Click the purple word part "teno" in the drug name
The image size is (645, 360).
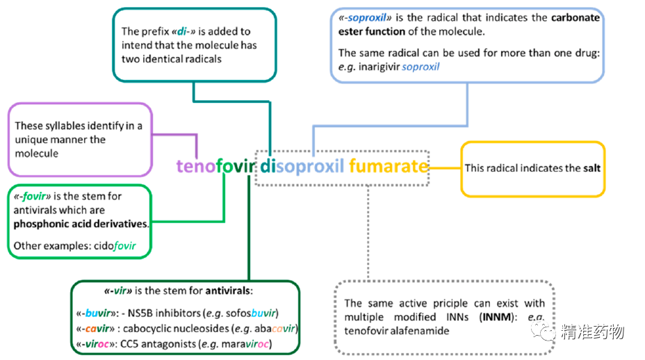[195, 167]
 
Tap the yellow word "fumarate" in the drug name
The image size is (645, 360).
[388, 167]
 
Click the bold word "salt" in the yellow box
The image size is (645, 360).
[591, 168]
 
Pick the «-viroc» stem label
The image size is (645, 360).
[97, 343]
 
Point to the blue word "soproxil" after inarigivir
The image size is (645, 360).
[420, 67]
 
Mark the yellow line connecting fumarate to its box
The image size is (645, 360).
[445, 167]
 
